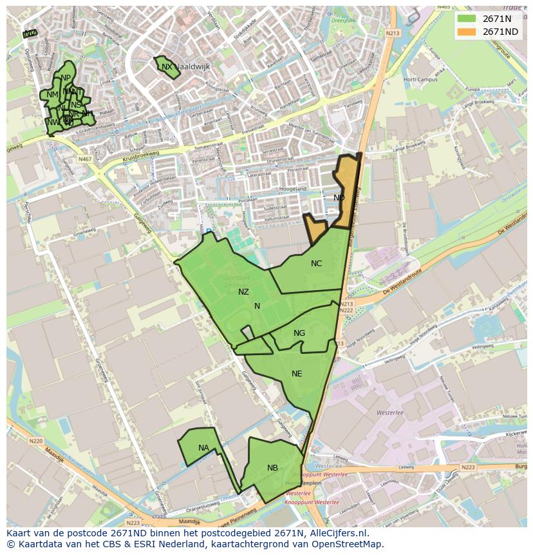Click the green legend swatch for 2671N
click(468, 19)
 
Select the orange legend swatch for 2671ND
click(468, 32)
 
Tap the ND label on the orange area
click(339, 198)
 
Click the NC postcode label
click(316, 264)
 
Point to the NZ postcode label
click(243, 292)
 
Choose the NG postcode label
click(299, 333)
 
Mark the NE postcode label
click(297, 374)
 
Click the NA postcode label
click(203, 448)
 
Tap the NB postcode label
click(272, 468)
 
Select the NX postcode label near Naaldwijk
click(167, 67)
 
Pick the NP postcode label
click(66, 78)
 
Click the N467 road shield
click(85, 159)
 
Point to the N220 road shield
click(35, 442)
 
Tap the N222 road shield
click(346, 311)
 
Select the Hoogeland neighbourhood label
click(293, 189)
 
